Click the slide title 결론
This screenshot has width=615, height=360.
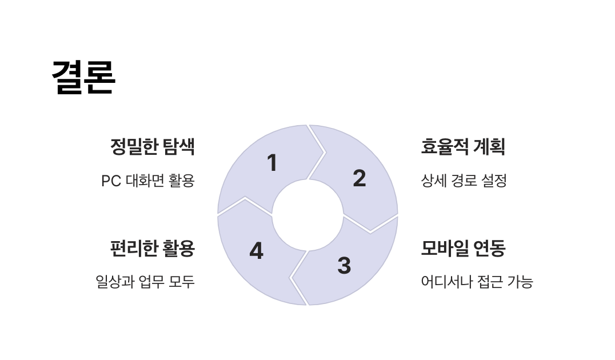(x=83, y=77)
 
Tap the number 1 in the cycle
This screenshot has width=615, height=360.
(x=273, y=163)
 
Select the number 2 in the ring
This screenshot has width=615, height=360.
(x=359, y=178)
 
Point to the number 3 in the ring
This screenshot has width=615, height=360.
(x=344, y=265)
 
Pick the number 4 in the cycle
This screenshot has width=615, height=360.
(x=257, y=251)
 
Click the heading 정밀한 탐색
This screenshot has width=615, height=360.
(x=153, y=147)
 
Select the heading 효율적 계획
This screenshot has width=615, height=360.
(x=463, y=147)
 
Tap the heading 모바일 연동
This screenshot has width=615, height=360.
(x=463, y=249)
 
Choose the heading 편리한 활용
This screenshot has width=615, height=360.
(x=153, y=249)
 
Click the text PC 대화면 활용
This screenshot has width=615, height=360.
(x=148, y=181)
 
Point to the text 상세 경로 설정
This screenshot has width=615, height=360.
(x=464, y=181)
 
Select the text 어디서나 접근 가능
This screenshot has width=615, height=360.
(x=477, y=282)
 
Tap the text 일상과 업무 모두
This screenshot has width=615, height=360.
(x=145, y=282)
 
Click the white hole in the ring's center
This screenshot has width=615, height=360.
(x=307, y=215)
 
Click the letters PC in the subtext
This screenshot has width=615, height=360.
(x=110, y=181)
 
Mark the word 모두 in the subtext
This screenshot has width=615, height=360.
(x=182, y=282)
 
